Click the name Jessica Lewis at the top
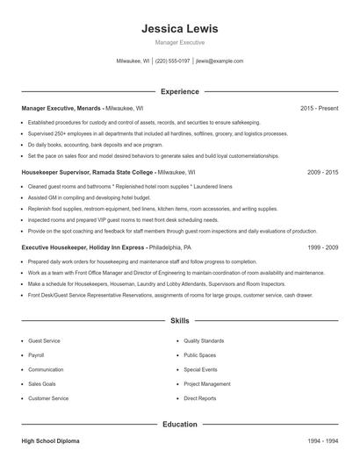179,28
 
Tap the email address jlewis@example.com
220,61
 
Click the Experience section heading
179,91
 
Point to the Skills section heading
179,322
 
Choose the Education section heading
179,424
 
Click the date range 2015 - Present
319,108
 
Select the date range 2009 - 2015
322,174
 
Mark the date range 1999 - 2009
322,248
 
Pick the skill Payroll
36,355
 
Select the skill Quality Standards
204,340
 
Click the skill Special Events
200,369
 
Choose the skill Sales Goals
41,384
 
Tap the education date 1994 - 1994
322,440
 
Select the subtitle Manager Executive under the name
179,42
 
